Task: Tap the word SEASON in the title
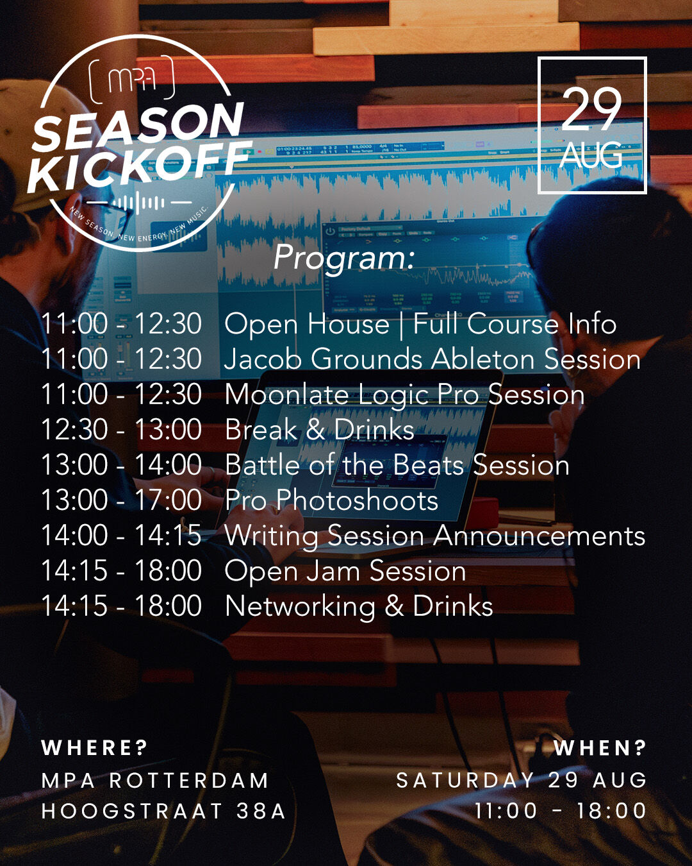pyautogui.click(x=138, y=126)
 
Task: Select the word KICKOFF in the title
pyautogui.click(x=140, y=166)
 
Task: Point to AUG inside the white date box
pyautogui.click(x=591, y=155)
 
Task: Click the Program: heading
pyautogui.click(x=344, y=257)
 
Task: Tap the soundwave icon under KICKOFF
pyautogui.click(x=139, y=203)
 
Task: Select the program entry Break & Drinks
pyautogui.click(x=319, y=429)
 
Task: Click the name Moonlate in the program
pyautogui.click(x=286, y=394)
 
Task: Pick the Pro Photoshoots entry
pyautogui.click(x=331, y=500)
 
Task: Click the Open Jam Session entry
pyautogui.click(x=345, y=572)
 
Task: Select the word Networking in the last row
pyautogui.click(x=300, y=606)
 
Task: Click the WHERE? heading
pyautogui.click(x=95, y=748)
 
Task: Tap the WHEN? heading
pyautogui.click(x=600, y=748)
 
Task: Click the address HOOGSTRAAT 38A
pyautogui.click(x=163, y=811)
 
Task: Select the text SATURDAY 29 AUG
pyautogui.click(x=521, y=780)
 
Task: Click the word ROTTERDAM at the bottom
pyautogui.click(x=188, y=781)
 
